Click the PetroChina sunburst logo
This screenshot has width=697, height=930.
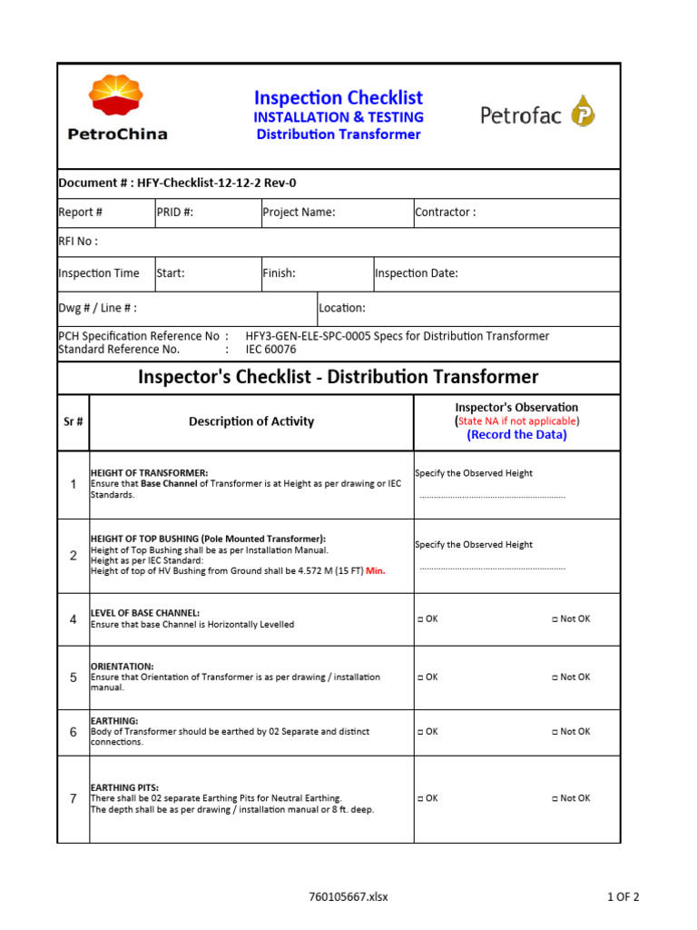click(115, 99)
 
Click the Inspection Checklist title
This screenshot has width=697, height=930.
click(338, 98)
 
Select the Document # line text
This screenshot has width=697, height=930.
click(177, 183)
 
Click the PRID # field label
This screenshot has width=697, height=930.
click(175, 213)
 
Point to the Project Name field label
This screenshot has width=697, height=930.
click(299, 213)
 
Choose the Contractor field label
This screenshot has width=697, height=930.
click(445, 213)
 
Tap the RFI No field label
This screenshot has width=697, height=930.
click(78, 242)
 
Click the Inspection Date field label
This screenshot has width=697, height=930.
click(417, 273)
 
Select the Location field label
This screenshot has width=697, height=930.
click(342, 308)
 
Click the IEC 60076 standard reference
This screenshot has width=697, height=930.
click(270, 349)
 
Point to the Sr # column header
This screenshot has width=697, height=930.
click(74, 421)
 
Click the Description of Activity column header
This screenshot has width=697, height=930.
click(251, 421)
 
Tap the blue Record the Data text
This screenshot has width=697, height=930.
click(516, 435)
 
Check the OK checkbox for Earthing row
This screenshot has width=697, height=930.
click(420, 732)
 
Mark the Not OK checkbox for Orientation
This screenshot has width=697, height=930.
click(555, 678)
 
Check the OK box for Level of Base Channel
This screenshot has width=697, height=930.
click(420, 619)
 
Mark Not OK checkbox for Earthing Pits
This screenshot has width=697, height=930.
click(555, 799)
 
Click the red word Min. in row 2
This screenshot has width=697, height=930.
click(376, 571)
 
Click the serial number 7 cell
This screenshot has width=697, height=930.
click(74, 799)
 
